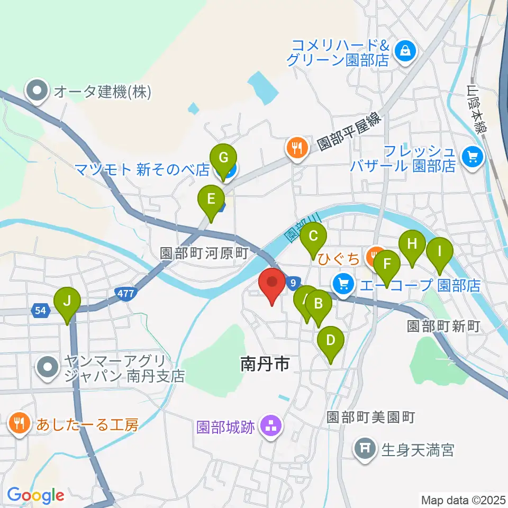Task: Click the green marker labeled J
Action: [67, 302]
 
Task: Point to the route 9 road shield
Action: [293, 284]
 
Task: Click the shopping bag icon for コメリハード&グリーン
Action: [405, 51]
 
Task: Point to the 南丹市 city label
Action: [264, 364]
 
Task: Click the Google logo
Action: [35, 495]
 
